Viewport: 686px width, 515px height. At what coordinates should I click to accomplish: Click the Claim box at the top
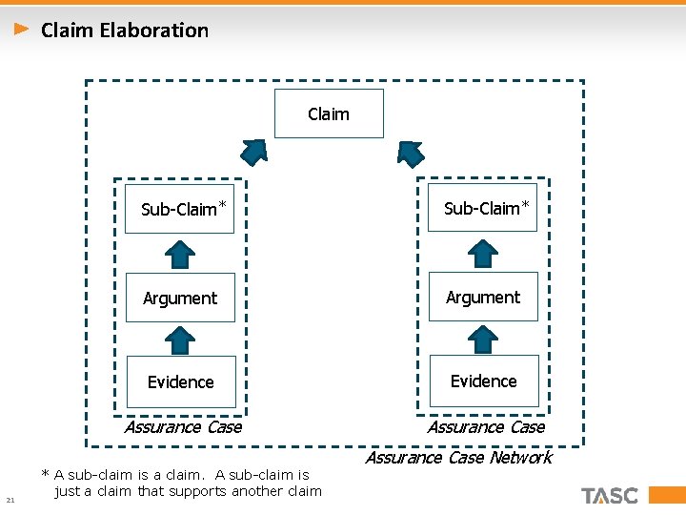tap(329, 113)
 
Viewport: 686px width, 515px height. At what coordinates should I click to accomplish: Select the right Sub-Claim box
tap(483, 207)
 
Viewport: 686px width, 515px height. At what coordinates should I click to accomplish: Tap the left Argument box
tap(180, 298)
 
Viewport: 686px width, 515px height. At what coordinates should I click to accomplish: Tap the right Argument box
tap(483, 297)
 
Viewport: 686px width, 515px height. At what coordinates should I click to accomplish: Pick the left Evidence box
tap(181, 381)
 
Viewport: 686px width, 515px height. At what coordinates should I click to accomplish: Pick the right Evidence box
tap(484, 381)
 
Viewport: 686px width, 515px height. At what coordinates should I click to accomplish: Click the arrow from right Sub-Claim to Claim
tap(410, 153)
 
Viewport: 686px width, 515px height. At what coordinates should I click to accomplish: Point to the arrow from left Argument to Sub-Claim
tap(180, 254)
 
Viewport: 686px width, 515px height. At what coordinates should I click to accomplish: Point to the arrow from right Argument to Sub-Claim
tap(484, 253)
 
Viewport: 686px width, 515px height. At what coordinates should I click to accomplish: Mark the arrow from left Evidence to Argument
tap(180, 340)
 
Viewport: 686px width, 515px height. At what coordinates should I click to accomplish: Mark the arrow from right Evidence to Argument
tap(484, 339)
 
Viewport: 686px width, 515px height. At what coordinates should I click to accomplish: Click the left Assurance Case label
tap(183, 426)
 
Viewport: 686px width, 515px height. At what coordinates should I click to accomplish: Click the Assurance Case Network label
tap(458, 458)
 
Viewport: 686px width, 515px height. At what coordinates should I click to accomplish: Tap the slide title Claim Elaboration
tap(125, 30)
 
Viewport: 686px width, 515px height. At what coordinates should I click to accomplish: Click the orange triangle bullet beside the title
tap(22, 30)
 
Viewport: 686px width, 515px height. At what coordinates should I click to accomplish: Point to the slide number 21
tap(10, 500)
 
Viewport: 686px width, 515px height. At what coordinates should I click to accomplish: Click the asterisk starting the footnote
tap(45, 473)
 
